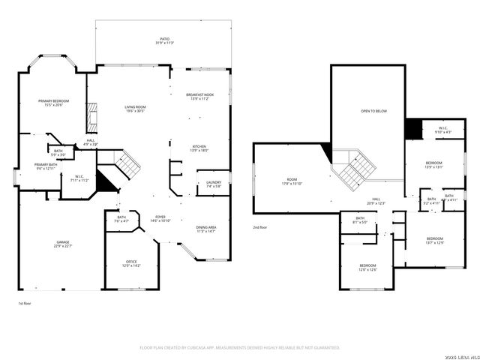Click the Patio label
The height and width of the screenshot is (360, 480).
coord(163,41)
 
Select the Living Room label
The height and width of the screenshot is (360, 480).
coord(135,109)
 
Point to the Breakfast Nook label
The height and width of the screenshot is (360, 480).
coord(199,97)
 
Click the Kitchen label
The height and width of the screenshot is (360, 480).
coord(199,148)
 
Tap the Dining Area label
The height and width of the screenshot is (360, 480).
coord(205,229)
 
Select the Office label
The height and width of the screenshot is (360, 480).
coord(130,263)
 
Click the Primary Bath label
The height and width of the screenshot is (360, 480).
coord(45,166)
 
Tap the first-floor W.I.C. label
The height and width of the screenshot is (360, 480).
coord(79,178)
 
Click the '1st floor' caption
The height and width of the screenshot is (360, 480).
coord(25,303)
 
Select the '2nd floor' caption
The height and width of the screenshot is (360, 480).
coord(260,226)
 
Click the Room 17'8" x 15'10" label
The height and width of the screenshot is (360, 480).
coord(291,181)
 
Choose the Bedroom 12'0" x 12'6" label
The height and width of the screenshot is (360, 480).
coord(367,267)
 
